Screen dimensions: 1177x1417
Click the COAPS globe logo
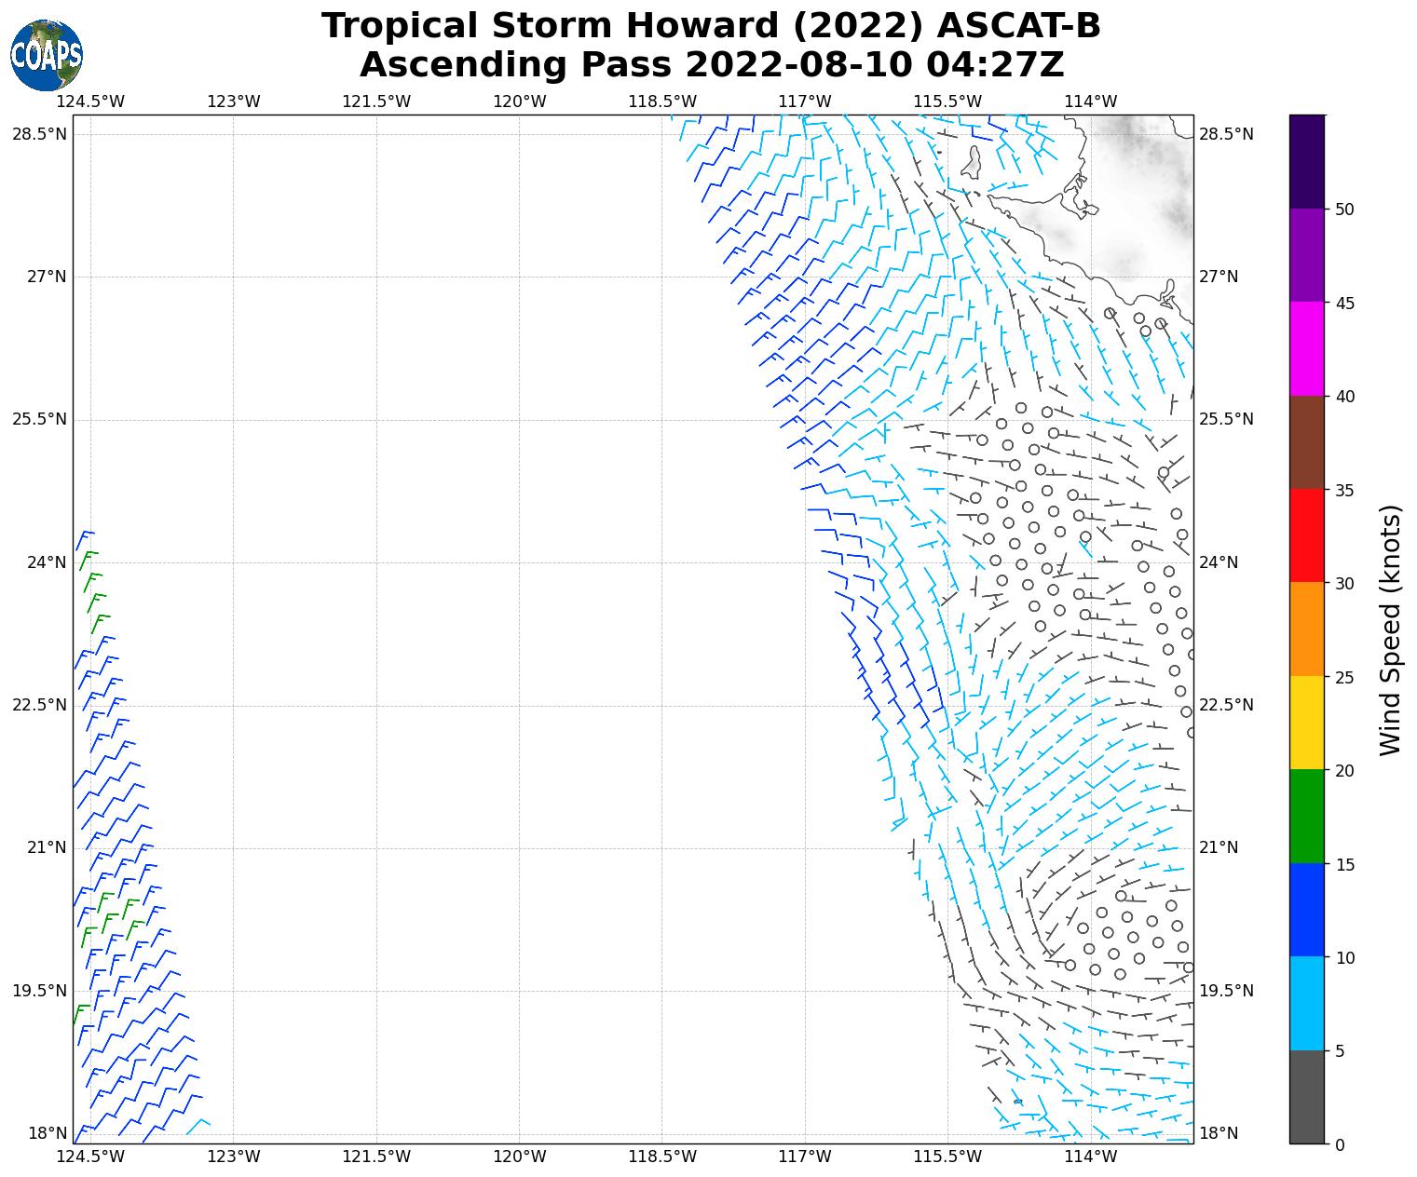click(47, 55)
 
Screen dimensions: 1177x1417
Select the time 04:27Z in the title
click(995, 65)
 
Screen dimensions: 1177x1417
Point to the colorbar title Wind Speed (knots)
click(1390, 630)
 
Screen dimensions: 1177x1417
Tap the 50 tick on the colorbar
click(1343, 210)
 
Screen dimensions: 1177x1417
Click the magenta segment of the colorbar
click(1306, 349)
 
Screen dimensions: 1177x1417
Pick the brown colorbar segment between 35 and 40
click(1306, 443)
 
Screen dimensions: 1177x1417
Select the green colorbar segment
click(1306, 817)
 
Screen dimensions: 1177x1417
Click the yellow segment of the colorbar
click(1306, 724)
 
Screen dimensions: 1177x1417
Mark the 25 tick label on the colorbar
click(1343, 677)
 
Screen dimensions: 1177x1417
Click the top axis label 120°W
click(519, 101)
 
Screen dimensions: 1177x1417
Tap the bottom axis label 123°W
click(233, 1157)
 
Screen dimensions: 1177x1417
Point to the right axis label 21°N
click(1219, 847)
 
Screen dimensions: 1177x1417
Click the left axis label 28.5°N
click(39, 134)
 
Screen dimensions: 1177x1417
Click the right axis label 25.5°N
click(1226, 419)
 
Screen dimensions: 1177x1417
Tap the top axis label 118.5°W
click(662, 101)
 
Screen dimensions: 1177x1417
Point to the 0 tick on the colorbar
click(1340, 1144)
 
